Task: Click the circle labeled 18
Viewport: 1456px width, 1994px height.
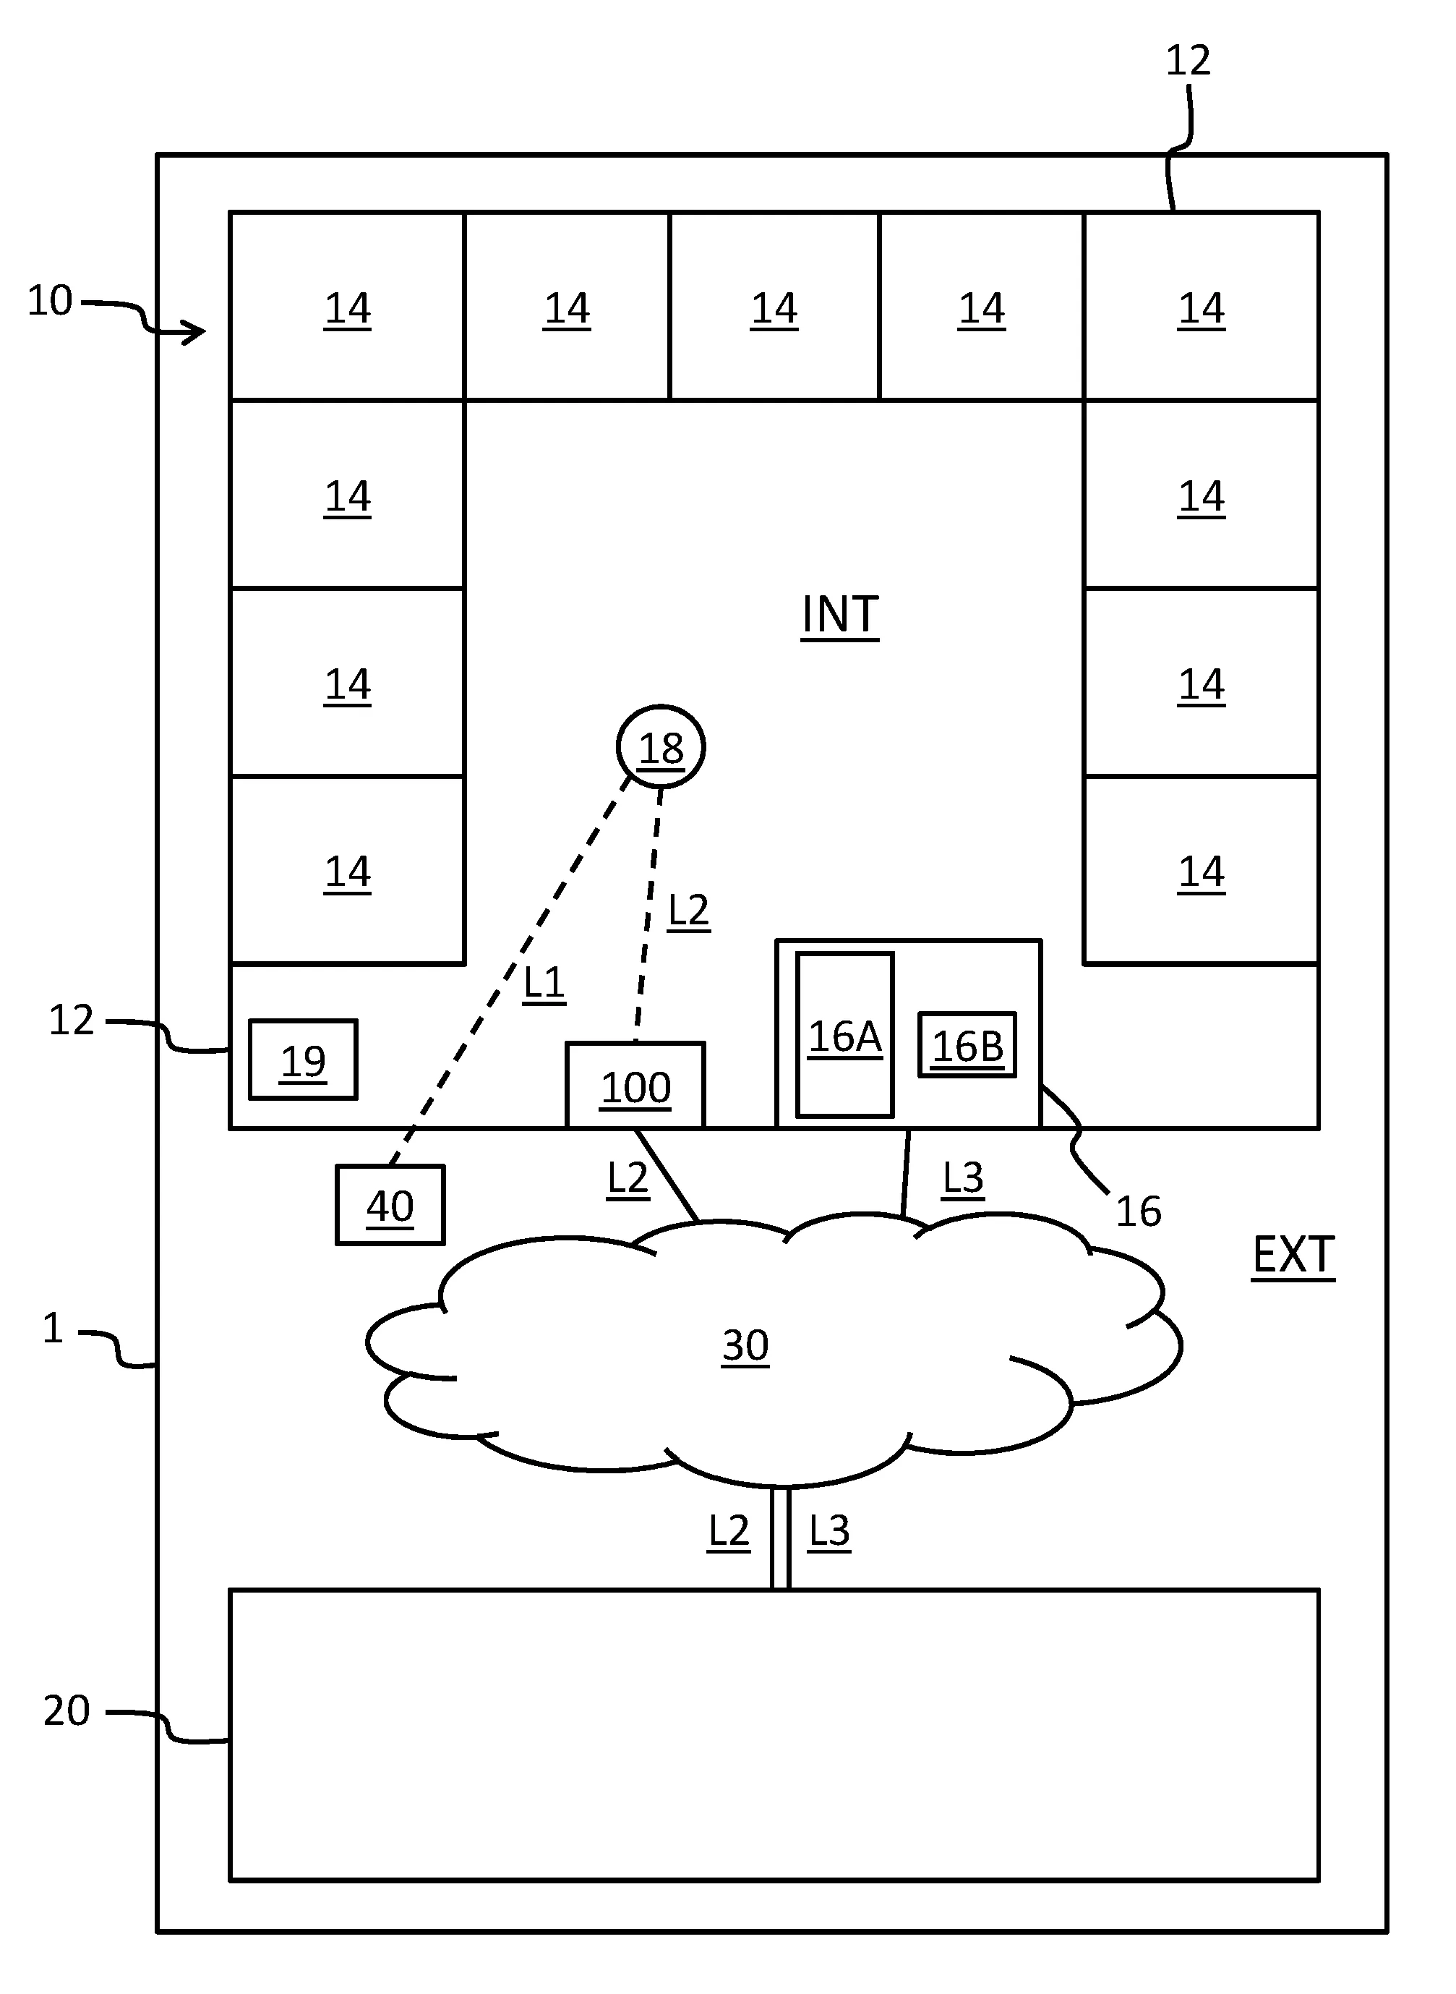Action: click(660, 746)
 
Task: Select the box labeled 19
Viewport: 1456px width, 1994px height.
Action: click(302, 1060)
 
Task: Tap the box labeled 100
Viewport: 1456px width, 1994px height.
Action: click(635, 1086)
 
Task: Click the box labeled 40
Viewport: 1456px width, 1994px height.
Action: click(390, 1204)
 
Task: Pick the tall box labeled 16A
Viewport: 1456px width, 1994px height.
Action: click(844, 1035)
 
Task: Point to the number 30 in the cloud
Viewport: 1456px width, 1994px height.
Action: click(745, 1345)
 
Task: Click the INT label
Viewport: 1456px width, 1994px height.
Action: click(839, 615)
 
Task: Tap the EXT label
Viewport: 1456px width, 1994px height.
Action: click(1293, 1254)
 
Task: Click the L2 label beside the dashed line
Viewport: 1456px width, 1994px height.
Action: click(688, 910)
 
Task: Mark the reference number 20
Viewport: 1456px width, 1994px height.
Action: click(67, 1711)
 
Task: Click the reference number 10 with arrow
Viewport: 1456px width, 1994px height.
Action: click(50, 302)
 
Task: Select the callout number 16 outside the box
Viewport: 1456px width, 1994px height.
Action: click(1138, 1212)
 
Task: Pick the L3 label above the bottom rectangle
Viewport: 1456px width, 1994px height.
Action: click(828, 1530)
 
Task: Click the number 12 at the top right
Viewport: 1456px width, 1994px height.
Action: click(1188, 61)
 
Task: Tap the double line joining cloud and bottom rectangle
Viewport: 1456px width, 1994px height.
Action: click(780, 1538)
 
